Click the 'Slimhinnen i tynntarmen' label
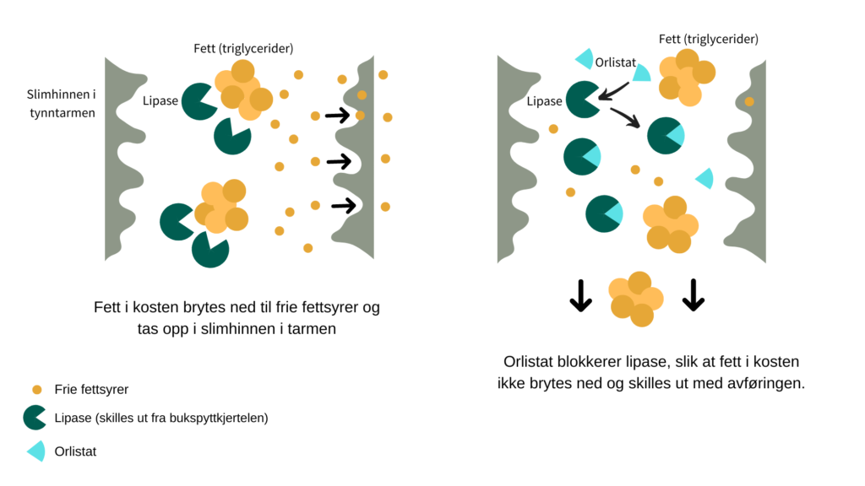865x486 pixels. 61,104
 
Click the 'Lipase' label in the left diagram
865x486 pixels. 160,100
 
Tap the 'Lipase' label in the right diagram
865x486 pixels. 544,101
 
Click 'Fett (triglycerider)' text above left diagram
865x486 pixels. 243,48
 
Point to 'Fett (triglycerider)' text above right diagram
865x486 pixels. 708,39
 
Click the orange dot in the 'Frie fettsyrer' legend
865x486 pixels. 36,390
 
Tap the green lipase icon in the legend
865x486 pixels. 35,418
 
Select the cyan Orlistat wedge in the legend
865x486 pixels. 36,451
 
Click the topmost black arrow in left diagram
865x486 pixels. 338,116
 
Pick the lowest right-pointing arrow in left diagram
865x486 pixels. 343,204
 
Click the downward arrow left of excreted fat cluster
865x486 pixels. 580,295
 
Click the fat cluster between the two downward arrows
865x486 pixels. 635,299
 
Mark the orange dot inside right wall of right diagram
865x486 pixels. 749,101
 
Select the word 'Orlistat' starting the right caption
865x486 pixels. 528,362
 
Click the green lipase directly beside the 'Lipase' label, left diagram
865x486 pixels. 199,100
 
